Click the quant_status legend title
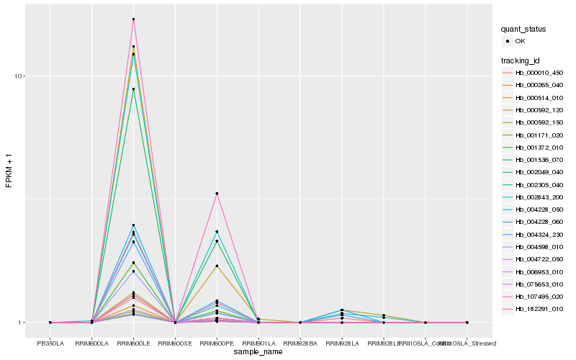click(523, 29)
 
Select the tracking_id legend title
click(521, 60)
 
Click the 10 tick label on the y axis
click(20, 76)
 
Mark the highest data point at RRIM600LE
click(134, 19)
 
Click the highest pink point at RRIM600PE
click(217, 194)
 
